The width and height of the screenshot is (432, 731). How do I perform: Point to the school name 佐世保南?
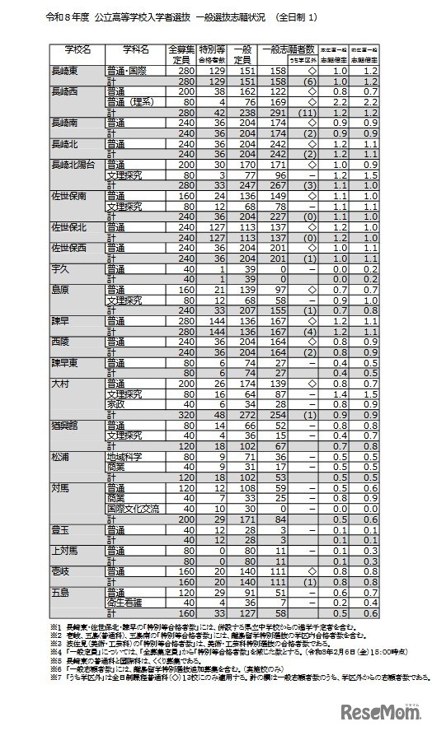[x=70, y=198]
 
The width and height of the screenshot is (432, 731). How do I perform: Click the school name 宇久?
[x=60, y=268]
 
